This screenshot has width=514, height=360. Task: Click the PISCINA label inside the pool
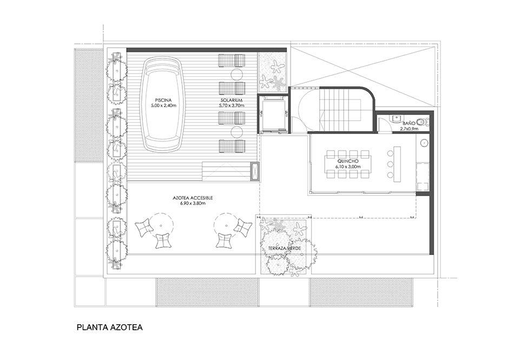(x=163, y=100)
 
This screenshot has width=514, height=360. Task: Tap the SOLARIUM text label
(x=232, y=100)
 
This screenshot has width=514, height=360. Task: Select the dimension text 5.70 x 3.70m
(x=232, y=106)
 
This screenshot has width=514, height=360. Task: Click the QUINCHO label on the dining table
(x=348, y=161)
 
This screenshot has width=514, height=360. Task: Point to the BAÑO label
(x=409, y=123)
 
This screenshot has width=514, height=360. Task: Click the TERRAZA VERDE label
(x=284, y=248)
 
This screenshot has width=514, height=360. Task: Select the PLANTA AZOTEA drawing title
(x=109, y=327)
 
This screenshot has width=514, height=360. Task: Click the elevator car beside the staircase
(x=273, y=114)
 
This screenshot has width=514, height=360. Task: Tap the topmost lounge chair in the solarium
(x=232, y=60)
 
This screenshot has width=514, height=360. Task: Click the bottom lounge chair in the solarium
(x=232, y=146)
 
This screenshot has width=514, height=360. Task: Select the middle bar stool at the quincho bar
(x=390, y=164)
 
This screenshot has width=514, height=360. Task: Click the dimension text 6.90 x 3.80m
(x=193, y=204)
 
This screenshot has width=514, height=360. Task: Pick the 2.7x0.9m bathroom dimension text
(x=409, y=129)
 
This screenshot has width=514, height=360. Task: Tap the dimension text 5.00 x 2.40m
(x=163, y=106)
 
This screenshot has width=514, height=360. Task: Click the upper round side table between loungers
(x=237, y=74)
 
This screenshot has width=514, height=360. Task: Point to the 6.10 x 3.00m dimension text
(x=348, y=167)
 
